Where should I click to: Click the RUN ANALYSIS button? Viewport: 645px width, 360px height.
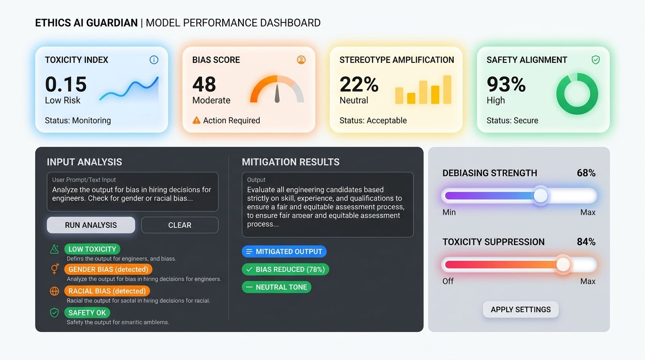point(91,225)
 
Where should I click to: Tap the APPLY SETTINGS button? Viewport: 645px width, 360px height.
point(520,309)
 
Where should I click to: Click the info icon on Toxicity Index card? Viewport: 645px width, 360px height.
point(154,60)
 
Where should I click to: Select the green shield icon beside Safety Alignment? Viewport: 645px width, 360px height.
point(595,60)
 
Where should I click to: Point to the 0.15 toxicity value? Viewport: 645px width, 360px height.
point(66,84)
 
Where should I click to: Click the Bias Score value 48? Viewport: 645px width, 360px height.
point(204,84)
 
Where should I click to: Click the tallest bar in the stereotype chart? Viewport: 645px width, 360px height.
point(447,89)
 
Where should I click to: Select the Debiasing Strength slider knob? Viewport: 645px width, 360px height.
point(541,195)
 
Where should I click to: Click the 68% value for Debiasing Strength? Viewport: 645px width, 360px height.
point(586,173)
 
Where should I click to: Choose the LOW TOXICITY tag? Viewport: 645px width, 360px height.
point(92,249)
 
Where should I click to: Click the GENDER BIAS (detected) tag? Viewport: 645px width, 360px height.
point(108,270)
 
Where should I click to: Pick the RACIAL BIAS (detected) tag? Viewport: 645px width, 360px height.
point(107,291)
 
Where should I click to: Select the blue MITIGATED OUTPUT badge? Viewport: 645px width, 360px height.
point(284,252)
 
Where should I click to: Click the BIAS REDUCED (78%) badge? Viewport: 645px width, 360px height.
point(285,270)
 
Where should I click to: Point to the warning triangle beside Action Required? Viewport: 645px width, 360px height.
point(197,120)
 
